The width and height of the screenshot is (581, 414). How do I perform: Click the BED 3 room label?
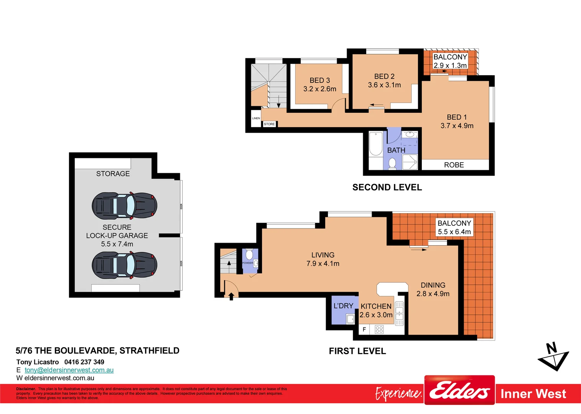coord(319,80)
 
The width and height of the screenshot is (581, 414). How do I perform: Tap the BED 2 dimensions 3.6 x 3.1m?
coord(384,85)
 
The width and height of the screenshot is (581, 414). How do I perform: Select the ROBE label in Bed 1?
coord(454,165)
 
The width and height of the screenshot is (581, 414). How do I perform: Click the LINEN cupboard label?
coord(256,118)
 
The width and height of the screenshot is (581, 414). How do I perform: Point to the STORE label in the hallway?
coord(269,124)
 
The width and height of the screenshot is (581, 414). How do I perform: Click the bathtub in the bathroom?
coord(375,144)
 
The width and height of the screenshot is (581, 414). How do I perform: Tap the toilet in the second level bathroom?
coord(392,164)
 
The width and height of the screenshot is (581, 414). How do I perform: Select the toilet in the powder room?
coord(249,255)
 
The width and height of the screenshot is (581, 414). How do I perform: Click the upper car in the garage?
coord(124,205)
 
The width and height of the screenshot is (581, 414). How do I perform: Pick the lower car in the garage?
coord(124,265)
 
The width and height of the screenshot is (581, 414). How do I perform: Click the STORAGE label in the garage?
coord(113,174)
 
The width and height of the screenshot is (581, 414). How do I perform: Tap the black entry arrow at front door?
coord(231,296)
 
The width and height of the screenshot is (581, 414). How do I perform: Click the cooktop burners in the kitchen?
coord(379,329)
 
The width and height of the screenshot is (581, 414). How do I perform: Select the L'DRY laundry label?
coord(343,306)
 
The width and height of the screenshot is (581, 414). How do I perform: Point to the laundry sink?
coord(350,319)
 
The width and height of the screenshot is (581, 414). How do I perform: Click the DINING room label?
coord(433,285)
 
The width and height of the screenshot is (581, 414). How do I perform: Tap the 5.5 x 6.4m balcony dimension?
coord(454,232)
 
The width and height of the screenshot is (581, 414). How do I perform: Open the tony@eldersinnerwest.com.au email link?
coord(69,370)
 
